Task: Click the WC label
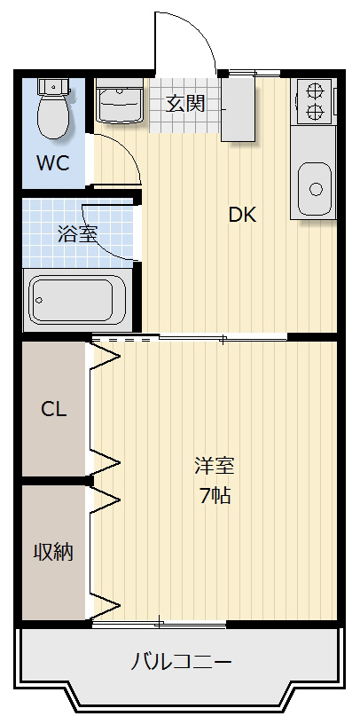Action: [x=53, y=163]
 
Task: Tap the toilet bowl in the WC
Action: [x=53, y=116]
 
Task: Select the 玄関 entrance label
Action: [x=185, y=104]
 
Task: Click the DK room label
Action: [x=242, y=215]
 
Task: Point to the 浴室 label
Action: [x=77, y=233]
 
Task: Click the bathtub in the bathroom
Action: [x=77, y=300]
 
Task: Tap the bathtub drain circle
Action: [x=39, y=300]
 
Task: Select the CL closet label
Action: [x=54, y=409]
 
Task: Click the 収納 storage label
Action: [x=53, y=552]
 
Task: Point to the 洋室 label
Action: [x=215, y=466]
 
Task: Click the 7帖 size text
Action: [x=215, y=495]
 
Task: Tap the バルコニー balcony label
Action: [x=181, y=663]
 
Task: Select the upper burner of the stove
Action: [x=315, y=90]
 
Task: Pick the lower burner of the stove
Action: [x=315, y=111]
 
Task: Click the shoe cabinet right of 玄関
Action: [x=239, y=109]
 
